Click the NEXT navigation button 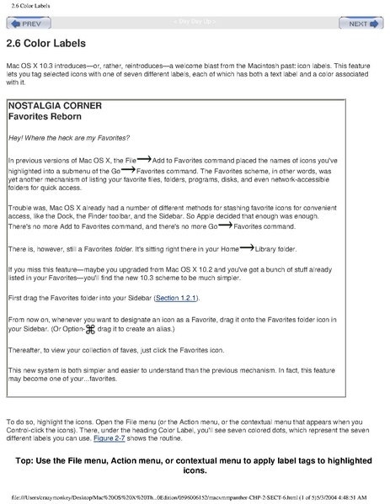363,24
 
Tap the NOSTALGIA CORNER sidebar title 55,106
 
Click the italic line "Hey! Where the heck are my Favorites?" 68,137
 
